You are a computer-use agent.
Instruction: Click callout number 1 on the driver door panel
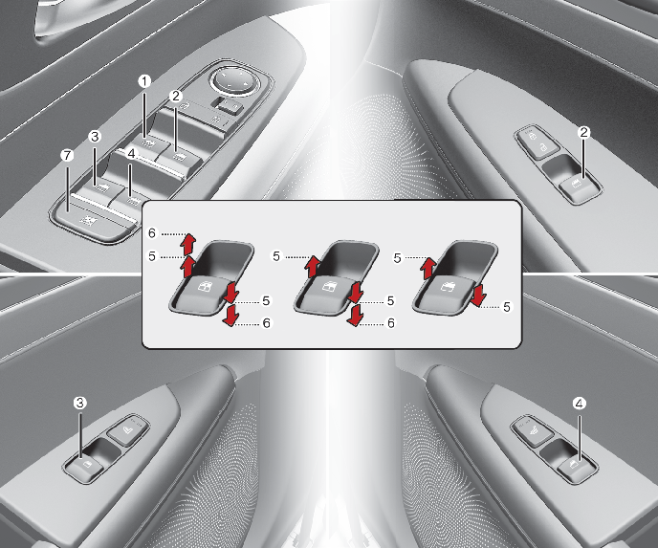click(144, 81)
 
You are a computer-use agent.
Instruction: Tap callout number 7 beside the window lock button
click(67, 156)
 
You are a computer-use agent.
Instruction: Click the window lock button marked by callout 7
click(90, 220)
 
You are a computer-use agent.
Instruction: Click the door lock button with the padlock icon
click(537, 142)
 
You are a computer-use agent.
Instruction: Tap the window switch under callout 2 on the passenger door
click(581, 187)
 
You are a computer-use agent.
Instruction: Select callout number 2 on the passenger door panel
click(583, 133)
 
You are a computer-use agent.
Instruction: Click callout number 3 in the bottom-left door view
click(79, 403)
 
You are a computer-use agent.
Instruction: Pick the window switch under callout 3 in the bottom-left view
click(86, 468)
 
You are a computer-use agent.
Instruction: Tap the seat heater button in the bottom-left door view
click(127, 429)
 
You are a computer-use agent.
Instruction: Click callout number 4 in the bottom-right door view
click(580, 404)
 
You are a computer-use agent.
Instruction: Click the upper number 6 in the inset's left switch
click(152, 233)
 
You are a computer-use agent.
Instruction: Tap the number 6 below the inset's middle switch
click(390, 323)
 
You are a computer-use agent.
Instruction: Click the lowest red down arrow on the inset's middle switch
click(355, 316)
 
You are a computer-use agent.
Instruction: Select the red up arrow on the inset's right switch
click(428, 268)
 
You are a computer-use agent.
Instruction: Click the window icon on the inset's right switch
click(446, 288)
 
